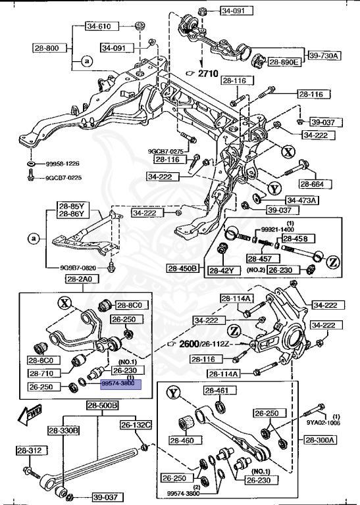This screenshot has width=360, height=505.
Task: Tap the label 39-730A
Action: pos(323,55)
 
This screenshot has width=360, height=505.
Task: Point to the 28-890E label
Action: pos(284,62)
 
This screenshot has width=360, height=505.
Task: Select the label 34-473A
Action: pos(301,200)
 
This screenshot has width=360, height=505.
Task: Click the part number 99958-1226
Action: pos(63,163)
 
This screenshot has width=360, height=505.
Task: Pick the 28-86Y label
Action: pos(72,214)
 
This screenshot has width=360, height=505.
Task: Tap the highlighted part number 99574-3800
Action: pos(118,382)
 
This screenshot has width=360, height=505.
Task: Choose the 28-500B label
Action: pos(102,406)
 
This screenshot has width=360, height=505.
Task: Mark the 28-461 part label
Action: pos(215,391)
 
